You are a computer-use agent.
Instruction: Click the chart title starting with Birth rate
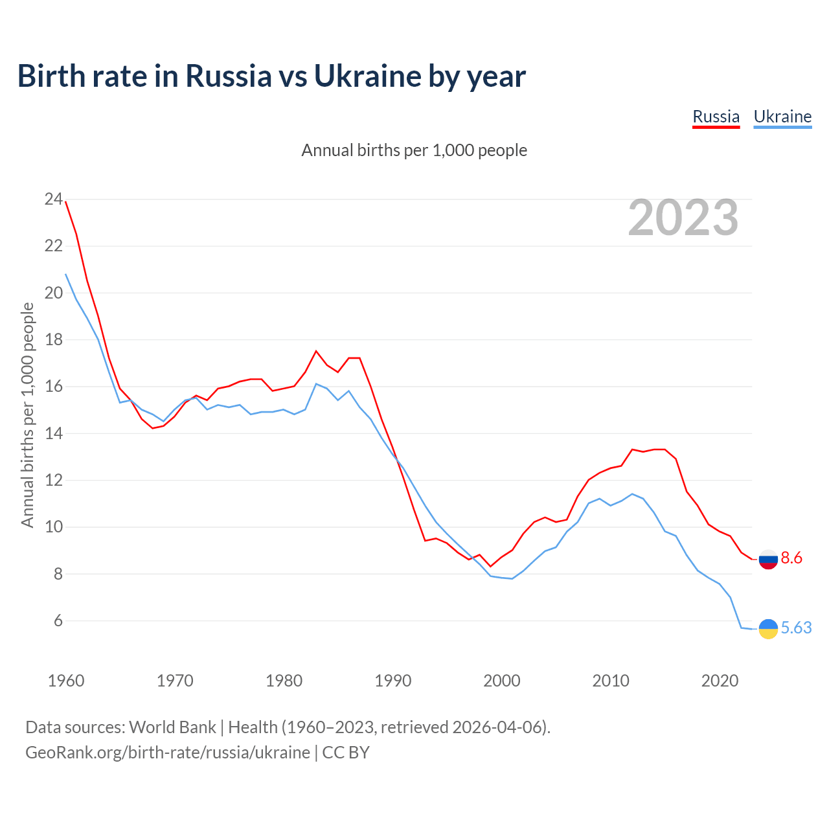271,76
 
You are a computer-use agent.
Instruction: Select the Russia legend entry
716,117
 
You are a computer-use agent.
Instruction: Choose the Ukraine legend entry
782,117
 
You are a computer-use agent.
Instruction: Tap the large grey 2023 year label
683,218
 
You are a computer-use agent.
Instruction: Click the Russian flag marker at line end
768,559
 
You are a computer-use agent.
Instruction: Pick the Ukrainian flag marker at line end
768,629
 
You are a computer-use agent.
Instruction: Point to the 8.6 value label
791,558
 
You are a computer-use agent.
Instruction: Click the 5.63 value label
796,628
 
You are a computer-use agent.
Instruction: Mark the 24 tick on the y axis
53,199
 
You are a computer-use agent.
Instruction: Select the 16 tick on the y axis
53,387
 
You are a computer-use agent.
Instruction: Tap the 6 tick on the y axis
58,621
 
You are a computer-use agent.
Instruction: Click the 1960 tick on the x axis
66,681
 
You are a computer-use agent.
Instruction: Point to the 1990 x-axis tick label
393,681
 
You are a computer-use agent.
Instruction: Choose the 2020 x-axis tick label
720,681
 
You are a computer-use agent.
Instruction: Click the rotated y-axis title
27,414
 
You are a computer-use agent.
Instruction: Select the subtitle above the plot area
414,151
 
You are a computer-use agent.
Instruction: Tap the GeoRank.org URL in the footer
168,753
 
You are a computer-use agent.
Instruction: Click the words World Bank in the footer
172,727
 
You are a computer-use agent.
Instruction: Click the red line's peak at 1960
66,202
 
